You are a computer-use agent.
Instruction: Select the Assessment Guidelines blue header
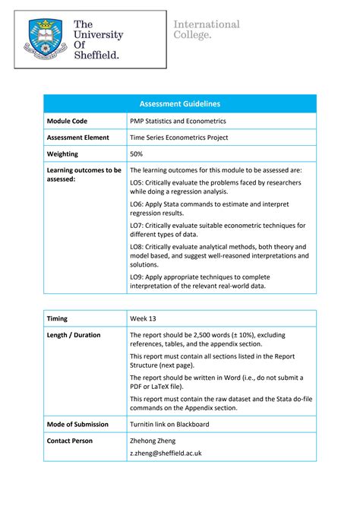coord(180,103)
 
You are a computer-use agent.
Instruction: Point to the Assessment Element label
coord(78,138)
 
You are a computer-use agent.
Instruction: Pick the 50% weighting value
coord(137,154)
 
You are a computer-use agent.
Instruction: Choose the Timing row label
coord(58,318)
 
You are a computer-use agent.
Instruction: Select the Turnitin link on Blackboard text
coord(173,425)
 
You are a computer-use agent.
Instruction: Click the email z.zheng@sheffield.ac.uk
coord(166,453)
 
